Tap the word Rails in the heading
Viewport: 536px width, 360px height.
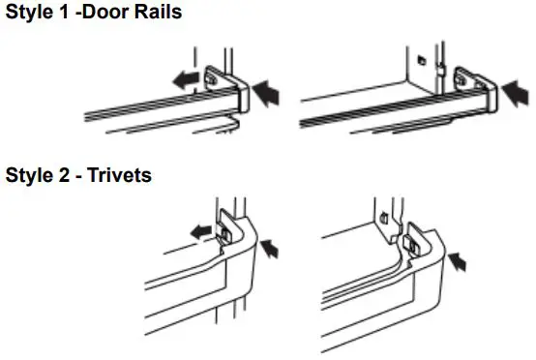click(155, 14)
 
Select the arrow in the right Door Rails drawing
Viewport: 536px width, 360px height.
click(517, 93)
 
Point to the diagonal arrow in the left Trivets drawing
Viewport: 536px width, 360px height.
click(275, 250)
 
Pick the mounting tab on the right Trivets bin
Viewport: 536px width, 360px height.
click(414, 239)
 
